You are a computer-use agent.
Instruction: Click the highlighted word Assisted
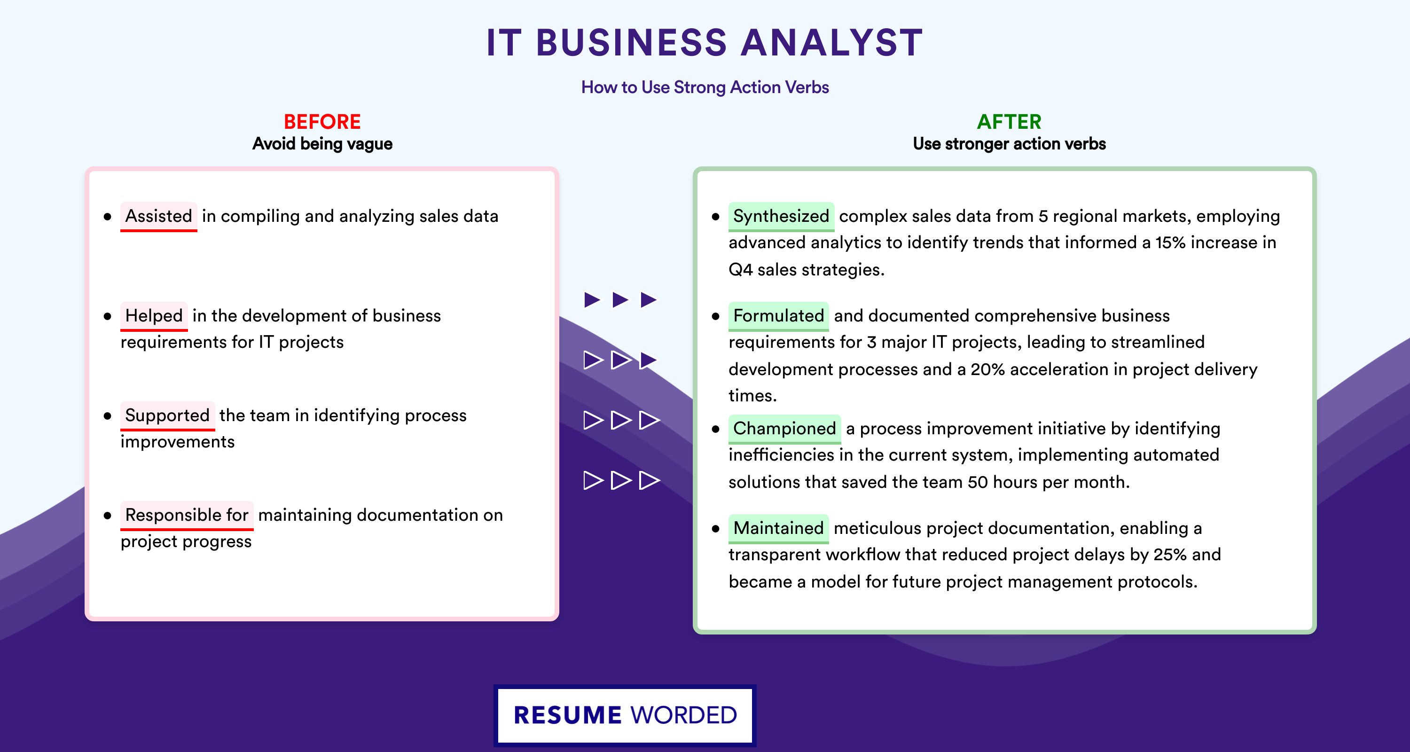(159, 216)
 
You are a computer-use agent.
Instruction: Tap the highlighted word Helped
(154, 316)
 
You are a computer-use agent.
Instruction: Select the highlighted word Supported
(167, 415)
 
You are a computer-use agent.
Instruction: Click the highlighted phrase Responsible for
(187, 515)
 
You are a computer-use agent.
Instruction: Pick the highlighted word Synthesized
(781, 216)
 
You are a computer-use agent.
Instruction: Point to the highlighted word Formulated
(778, 316)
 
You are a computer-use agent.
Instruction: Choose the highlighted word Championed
(784, 429)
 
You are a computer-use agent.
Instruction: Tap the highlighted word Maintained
(778, 528)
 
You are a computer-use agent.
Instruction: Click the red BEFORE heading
(322, 122)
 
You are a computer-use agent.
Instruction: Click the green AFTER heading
(1010, 122)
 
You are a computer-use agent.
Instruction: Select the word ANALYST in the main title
(832, 43)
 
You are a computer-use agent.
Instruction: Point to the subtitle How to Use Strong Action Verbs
(705, 87)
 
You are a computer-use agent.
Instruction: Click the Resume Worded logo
(625, 715)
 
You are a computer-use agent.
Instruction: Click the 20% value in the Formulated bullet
(988, 369)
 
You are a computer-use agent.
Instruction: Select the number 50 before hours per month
(978, 482)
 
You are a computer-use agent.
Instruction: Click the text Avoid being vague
(322, 144)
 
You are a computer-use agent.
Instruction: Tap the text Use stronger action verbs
(1010, 144)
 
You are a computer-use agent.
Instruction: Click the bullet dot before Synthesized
(715, 217)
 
